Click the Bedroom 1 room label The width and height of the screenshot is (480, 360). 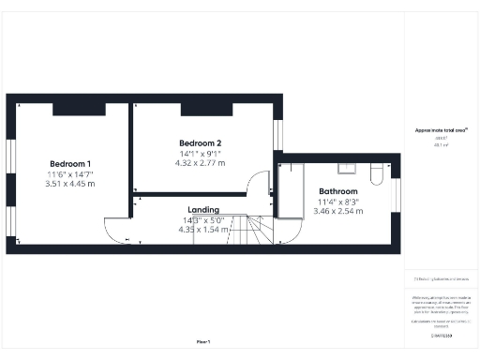(x=70, y=163)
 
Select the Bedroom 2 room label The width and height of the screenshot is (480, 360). (x=200, y=142)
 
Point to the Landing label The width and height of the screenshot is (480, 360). (x=203, y=210)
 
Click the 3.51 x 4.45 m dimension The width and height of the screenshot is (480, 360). (x=70, y=184)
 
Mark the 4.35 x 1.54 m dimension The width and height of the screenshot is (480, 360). (x=203, y=230)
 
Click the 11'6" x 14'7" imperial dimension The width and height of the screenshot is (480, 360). (x=70, y=173)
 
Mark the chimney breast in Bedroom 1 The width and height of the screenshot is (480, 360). (x=70, y=109)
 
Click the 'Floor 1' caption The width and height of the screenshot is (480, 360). (x=203, y=341)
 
